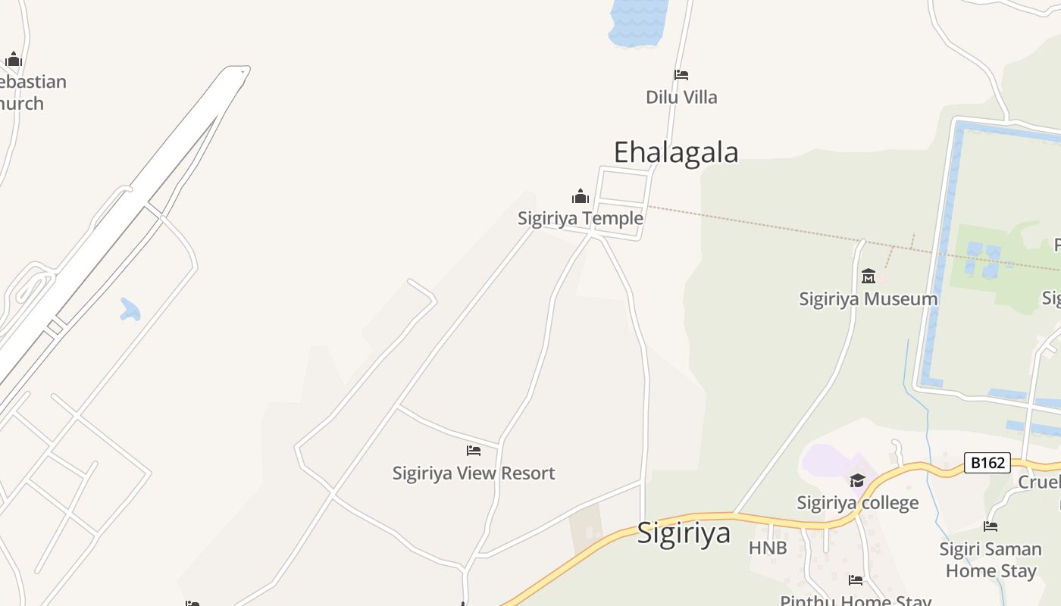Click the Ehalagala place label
tap(675, 152)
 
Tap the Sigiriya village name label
tap(684, 533)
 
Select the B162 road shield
tap(987, 462)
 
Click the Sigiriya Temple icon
tap(581, 197)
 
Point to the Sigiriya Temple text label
tap(581, 218)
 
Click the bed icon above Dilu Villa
tap(681, 75)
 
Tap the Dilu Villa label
tap(681, 97)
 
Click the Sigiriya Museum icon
tap(869, 276)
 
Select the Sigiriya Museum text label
tap(869, 298)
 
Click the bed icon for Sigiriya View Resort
tap(474, 451)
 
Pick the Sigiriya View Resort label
tap(474, 473)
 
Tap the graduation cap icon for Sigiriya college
tap(857, 480)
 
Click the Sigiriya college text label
tap(857, 502)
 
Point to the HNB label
tap(768, 548)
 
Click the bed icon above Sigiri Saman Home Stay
tap(991, 526)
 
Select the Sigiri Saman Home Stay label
tap(991, 559)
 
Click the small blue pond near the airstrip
tap(130, 309)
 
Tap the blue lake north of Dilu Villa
tap(639, 21)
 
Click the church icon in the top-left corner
tap(14, 59)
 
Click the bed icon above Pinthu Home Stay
tap(856, 580)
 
